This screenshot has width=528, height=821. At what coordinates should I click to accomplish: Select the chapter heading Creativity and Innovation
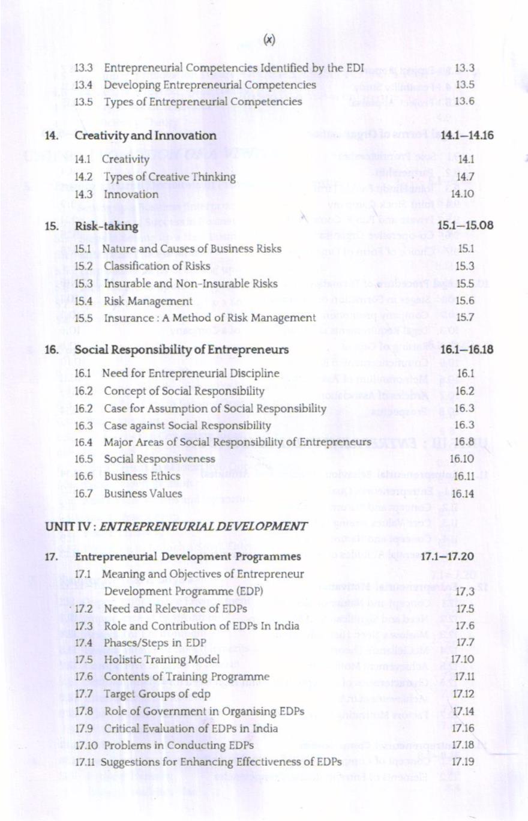pyautogui.click(x=145, y=136)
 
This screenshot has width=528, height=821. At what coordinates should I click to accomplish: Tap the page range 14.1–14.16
pyautogui.click(x=467, y=136)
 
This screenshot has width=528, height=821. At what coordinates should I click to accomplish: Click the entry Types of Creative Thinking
pyautogui.click(x=169, y=177)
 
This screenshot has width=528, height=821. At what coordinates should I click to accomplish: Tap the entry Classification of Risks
pyautogui.click(x=157, y=265)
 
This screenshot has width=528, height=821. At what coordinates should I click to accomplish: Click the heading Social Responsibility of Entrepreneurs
pyautogui.click(x=181, y=349)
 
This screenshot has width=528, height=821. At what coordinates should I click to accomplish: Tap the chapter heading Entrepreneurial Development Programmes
pyautogui.click(x=187, y=557)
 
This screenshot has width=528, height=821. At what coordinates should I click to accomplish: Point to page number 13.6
pyautogui.click(x=465, y=101)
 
